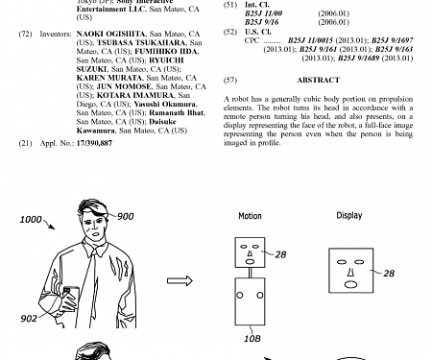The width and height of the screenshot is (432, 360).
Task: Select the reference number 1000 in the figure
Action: click(31, 220)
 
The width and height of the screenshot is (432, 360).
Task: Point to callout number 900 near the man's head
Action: click(127, 216)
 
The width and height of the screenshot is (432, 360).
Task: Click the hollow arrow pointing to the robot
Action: click(180, 281)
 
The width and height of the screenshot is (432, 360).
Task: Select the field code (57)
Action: click(229, 80)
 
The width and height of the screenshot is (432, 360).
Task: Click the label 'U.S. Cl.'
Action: click(259, 32)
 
